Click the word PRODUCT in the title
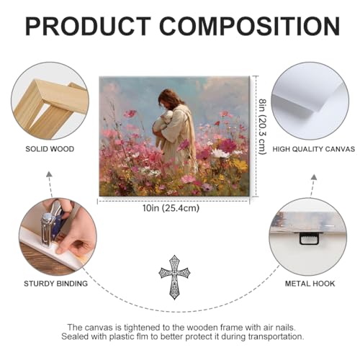click(x=88, y=26)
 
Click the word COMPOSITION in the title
click(x=250, y=26)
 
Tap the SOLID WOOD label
click(x=50, y=149)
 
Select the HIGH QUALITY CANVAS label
click(x=313, y=149)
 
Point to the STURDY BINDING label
click(x=55, y=284)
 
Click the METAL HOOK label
click(x=310, y=284)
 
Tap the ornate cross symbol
click(x=174, y=277)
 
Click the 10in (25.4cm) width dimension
click(x=171, y=208)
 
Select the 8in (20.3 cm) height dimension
click(x=263, y=127)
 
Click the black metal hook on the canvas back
click(x=309, y=239)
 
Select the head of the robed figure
click(x=169, y=99)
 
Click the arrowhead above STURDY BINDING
click(x=49, y=174)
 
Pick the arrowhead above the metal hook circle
click(x=314, y=177)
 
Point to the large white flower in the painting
click(x=220, y=153)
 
